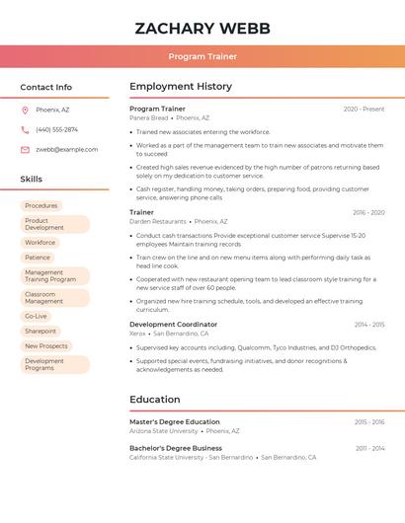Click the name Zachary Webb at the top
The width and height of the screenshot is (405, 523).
coord(202,29)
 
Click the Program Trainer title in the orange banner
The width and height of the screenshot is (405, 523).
coord(202,57)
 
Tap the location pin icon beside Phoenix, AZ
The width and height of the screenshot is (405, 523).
coord(25,110)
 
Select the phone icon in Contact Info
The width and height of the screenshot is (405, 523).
coord(25,129)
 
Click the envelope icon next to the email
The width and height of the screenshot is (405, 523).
coord(25,150)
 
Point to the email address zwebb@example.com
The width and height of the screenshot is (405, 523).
coord(67,150)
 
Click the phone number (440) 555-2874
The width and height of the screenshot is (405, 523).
coord(56,129)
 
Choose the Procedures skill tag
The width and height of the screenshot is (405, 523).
coord(41,206)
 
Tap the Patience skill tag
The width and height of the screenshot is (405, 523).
coord(38,258)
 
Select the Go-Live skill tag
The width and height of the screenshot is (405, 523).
coord(37,317)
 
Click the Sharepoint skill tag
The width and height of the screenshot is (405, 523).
coord(40,332)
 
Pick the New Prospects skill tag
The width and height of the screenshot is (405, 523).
coord(46,346)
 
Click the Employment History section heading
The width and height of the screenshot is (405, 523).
coord(181,87)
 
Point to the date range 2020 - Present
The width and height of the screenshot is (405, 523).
coord(364,110)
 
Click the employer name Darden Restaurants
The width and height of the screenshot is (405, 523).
coord(158,222)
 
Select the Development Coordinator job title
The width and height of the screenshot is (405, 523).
coord(173,325)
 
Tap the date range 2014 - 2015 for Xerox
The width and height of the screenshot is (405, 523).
coord(369,325)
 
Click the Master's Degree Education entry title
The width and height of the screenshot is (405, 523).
coord(175,422)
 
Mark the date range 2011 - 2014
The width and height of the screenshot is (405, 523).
coord(370,449)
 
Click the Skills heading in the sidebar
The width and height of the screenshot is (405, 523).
coord(32,180)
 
